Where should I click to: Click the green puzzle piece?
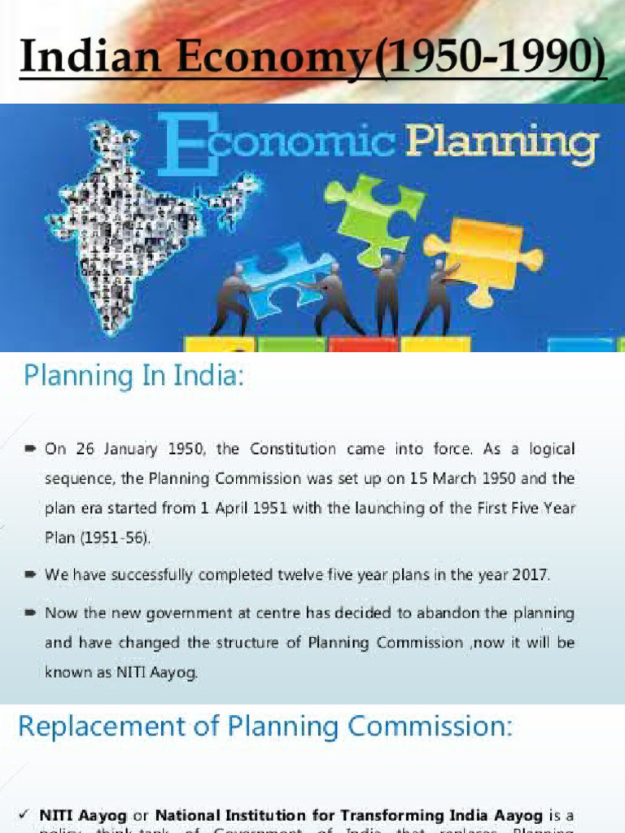click(x=374, y=214)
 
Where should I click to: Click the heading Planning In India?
click(x=133, y=377)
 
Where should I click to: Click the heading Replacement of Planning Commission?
click(x=265, y=726)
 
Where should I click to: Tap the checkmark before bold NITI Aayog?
click(x=24, y=814)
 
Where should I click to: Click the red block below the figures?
click(x=363, y=344)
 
